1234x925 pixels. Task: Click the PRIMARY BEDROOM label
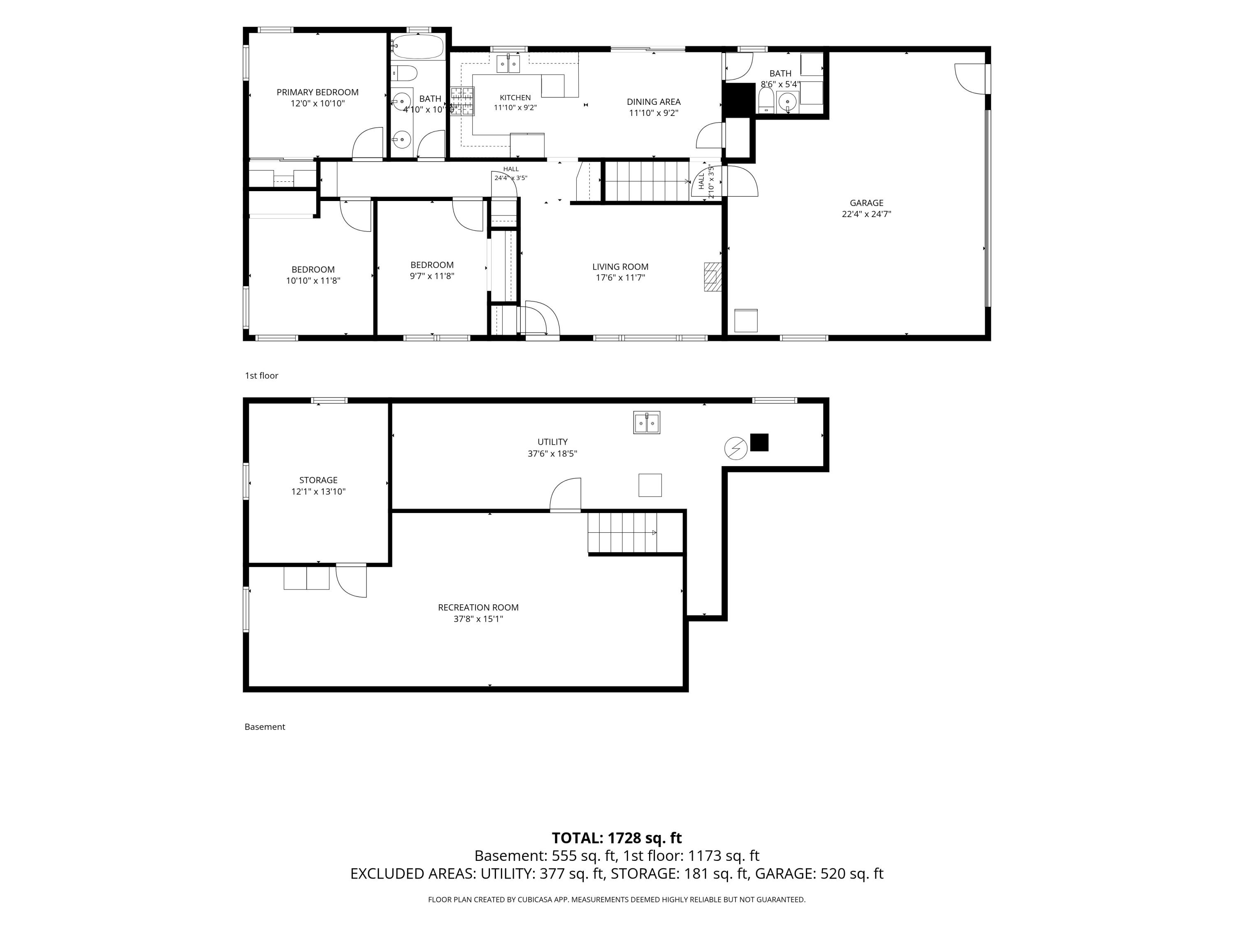tap(318, 92)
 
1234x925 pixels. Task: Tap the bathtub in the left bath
tap(417, 47)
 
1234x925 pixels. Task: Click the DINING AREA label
tap(653, 102)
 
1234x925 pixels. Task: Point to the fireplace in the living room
tap(712, 277)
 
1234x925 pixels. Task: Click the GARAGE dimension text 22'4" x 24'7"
tap(866, 214)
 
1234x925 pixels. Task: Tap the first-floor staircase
tap(647, 181)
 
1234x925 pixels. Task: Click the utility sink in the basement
tap(647, 423)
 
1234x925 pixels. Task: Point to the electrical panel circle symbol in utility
tap(735, 448)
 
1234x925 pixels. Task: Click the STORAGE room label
tap(318, 480)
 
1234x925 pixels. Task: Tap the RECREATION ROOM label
tap(478, 608)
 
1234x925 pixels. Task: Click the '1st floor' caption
tap(262, 376)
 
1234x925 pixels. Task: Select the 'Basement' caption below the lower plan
tap(264, 727)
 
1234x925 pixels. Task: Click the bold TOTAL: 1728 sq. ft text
tap(617, 838)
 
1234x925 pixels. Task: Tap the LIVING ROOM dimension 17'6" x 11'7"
tap(620, 277)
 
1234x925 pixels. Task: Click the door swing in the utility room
tap(566, 495)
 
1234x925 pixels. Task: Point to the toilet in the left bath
tap(404, 73)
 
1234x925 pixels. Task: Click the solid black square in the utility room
tap(759, 442)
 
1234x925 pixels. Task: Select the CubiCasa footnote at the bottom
tap(617, 900)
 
